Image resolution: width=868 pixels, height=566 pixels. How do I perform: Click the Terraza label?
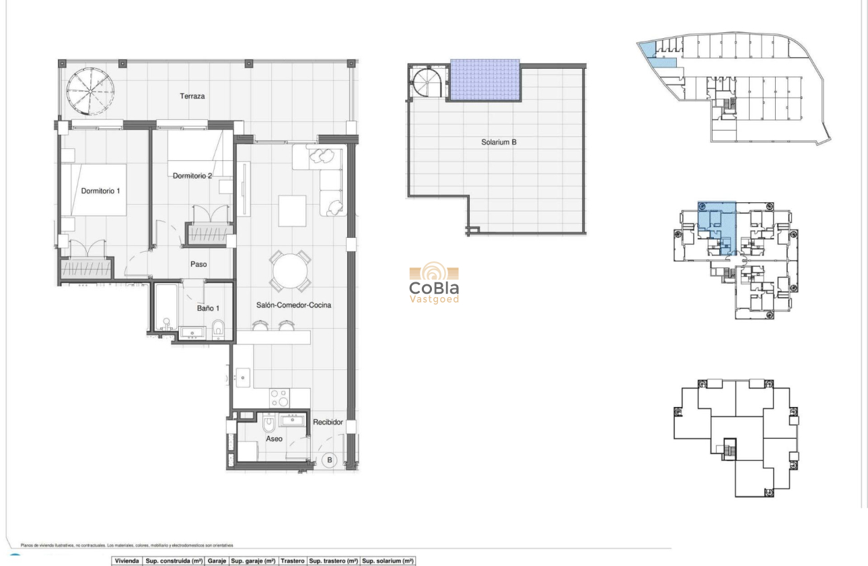192,96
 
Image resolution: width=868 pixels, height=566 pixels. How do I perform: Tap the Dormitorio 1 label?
100,191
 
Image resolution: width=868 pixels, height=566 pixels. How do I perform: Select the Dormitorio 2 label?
192,176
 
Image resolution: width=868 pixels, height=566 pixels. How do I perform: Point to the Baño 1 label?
209,308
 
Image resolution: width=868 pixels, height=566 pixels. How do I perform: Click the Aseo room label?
274,439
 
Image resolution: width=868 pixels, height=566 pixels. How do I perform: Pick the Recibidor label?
328,422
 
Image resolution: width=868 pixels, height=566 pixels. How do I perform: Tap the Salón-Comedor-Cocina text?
293,305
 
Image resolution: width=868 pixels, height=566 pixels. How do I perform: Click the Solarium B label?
499,142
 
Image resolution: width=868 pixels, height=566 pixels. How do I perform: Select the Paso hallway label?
198,264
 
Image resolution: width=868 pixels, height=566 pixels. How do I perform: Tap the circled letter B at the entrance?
330,461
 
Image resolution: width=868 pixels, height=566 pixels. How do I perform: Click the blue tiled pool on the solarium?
484,80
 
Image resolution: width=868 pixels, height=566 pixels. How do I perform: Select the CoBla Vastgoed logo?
434,283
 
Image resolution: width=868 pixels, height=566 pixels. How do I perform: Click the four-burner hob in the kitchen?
279,396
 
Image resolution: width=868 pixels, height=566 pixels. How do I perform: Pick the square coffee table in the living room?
292,210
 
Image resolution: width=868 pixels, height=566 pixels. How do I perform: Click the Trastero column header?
293,561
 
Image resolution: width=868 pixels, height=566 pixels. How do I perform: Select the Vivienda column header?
127,561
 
